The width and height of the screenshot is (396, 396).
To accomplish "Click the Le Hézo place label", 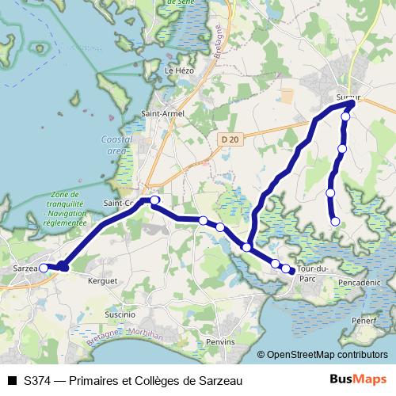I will click(178, 70).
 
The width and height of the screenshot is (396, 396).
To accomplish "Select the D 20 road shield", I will click(230, 139).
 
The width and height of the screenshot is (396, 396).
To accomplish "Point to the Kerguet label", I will click(103, 280).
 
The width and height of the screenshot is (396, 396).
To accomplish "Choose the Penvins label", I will click(219, 341).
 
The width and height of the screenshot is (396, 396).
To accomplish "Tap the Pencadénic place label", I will click(359, 281).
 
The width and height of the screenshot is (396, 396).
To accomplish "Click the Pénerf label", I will click(365, 321).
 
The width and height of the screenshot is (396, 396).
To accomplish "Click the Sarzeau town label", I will click(25, 269).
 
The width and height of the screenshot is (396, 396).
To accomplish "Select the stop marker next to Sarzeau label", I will click(44, 268).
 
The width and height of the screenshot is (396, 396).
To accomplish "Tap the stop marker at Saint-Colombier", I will click(154, 200).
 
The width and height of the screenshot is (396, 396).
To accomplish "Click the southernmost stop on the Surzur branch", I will click(334, 222).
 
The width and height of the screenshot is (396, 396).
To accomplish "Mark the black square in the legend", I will click(11, 380).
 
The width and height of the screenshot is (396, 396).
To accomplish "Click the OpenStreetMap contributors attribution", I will click(326, 356).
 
